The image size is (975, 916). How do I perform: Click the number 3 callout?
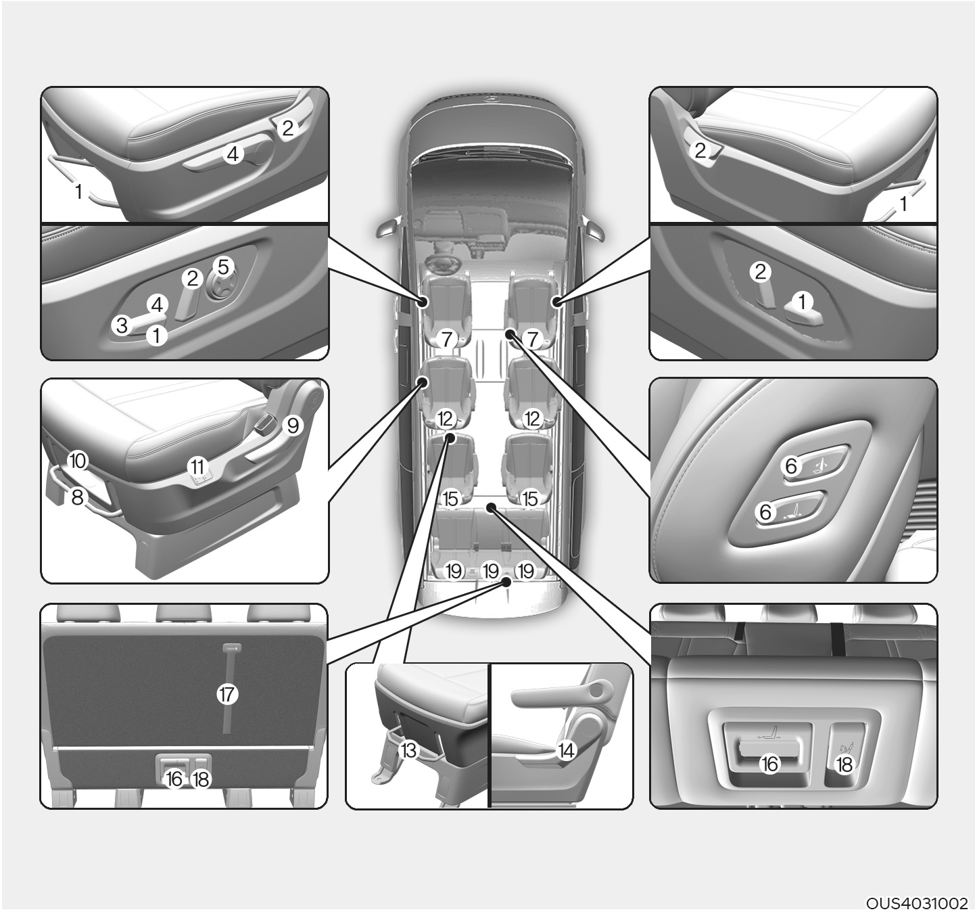click(121, 325)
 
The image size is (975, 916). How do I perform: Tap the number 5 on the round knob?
click(223, 267)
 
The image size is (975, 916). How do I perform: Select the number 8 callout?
click(78, 498)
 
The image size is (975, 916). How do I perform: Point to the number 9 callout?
click(293, 426)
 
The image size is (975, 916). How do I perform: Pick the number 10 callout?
click(78, 461)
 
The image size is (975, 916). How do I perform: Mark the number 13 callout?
click(408, 751)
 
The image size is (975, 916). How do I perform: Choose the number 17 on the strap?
click(227, 695)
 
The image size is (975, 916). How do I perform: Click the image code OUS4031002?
click(917, 903)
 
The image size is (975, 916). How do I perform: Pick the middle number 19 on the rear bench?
click(490, 572)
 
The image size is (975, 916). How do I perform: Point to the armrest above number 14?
click(560, 695)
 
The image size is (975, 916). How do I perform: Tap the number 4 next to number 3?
click(157, 305)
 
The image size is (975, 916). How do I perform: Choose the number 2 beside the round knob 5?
click(192, 279)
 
